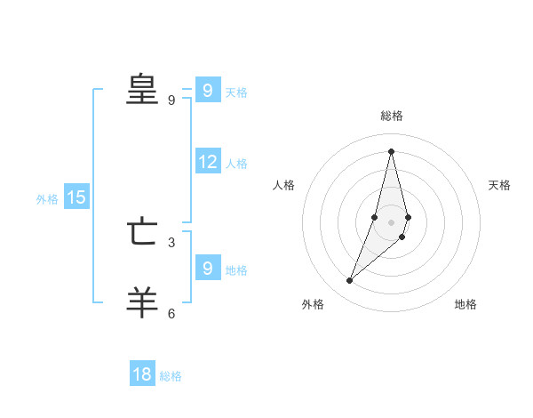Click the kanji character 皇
click(142, 90)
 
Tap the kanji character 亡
click(142, 233)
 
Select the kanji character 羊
click(142, 301)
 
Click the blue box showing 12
click(208, 162)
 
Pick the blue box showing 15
click(76, 197)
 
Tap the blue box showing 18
click(142, 374)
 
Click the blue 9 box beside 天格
click(208, 90)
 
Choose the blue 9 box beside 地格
click(208, 268)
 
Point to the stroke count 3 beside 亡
click(171, 242)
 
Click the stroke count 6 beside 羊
click(171, 313)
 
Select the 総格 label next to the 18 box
click(171, 376)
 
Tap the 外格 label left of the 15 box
click(47, 199)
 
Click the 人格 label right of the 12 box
click(236, 164)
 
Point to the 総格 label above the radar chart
click(392, 116)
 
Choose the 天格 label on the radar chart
click(499, 185)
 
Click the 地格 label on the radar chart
click(465, 305)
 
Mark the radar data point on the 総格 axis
click(391, 150)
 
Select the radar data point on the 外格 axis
click(350, 281)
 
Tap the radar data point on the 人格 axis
click(375, 217)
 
